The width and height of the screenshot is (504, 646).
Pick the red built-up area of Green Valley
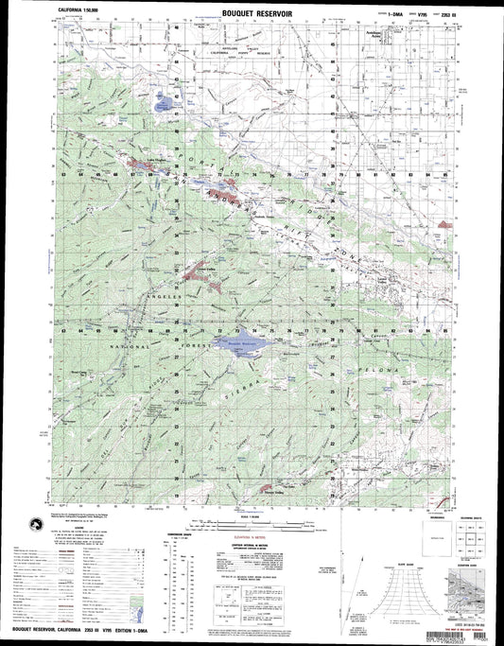coord(202,276)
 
